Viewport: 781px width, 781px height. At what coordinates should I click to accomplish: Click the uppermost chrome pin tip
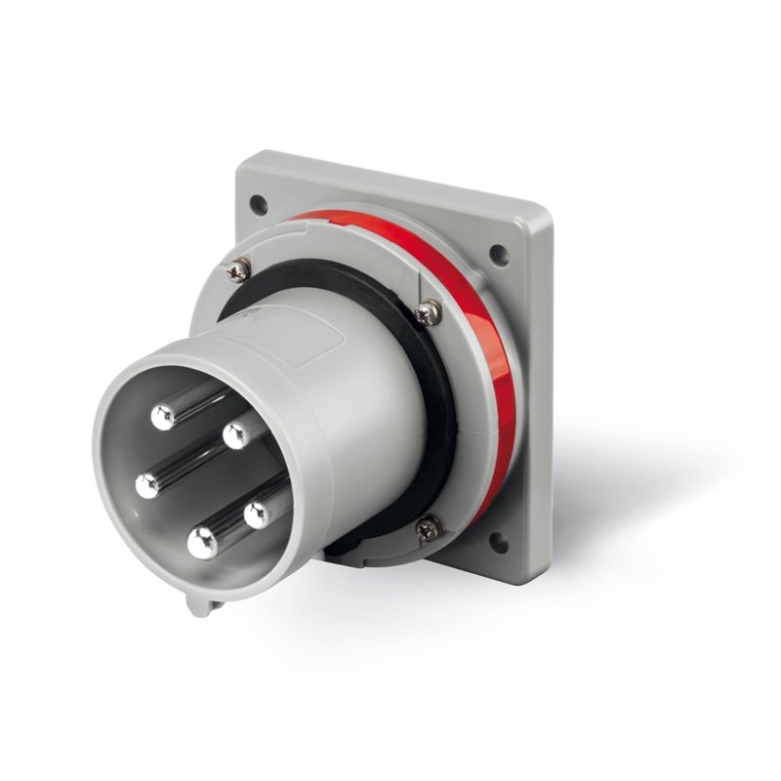pos(163,417)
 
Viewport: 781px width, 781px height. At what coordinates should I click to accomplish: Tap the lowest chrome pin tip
pos(202,543)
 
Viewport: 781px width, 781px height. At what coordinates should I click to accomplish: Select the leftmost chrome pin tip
pos(148,484)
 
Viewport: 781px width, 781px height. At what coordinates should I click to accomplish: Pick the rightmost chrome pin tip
pos(257,514)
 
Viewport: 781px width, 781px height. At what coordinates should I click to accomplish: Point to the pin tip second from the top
pos(235,435)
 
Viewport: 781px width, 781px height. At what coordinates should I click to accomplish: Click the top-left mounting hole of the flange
pos(258,205)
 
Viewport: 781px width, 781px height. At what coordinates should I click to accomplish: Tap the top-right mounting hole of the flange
pos(499,256)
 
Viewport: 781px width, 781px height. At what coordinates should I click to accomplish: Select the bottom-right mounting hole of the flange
pos(498,543)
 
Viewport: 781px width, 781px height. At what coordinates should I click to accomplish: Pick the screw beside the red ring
pos(427,312)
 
